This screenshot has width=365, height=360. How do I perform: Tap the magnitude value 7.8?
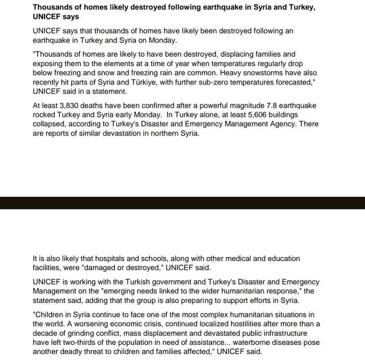(272, 106)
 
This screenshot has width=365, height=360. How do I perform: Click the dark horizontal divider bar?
(182, 203)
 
